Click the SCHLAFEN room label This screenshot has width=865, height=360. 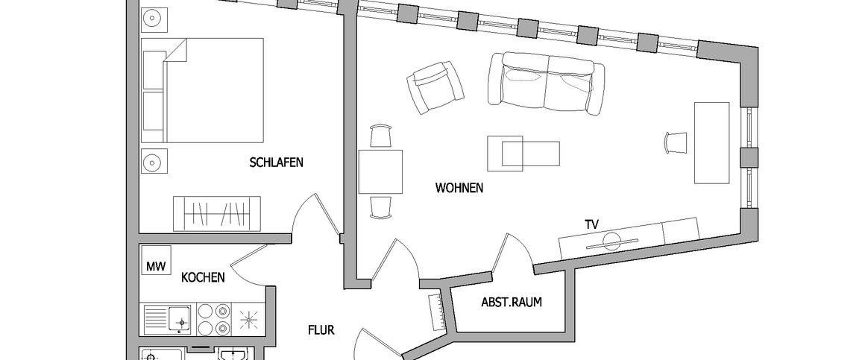pos(277,162)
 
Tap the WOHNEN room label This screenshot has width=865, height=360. pos(459,189)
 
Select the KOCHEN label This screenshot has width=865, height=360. pos(204,277)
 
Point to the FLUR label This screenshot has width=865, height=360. pos(321,329)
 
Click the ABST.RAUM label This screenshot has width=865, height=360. pos(512,303)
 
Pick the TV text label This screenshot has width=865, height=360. pos(593,223)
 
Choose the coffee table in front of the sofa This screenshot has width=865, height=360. pos(522,152)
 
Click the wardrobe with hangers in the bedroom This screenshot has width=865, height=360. pos(217,214)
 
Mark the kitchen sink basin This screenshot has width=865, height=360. pos(178,318)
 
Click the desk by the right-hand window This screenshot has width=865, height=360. pos(711,142)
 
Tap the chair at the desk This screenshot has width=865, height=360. pos(676,142)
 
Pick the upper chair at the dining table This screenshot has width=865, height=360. pos(380,136)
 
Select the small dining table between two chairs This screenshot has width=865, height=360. pos(380,171)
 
